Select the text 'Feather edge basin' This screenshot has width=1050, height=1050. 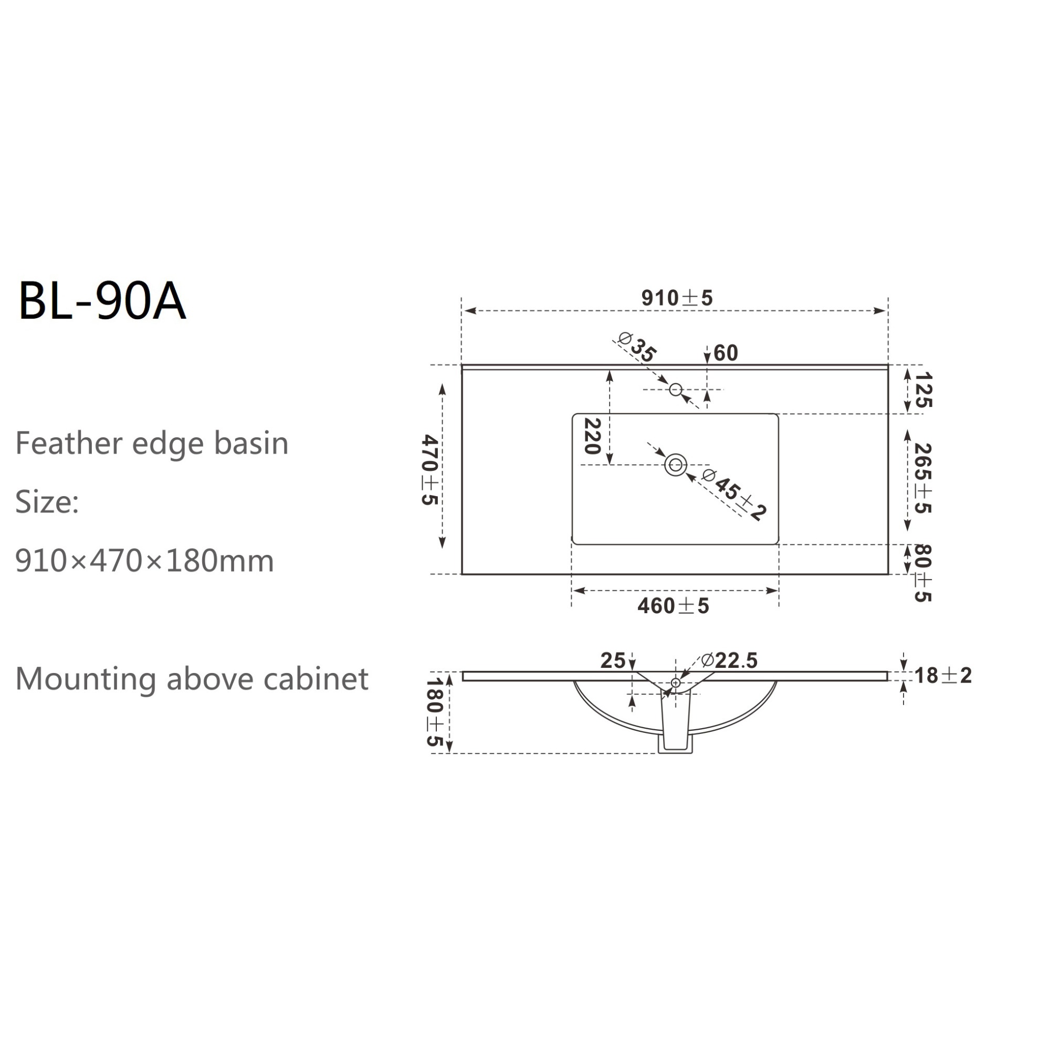click(152, 444)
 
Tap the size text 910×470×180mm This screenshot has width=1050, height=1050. click(144, 560)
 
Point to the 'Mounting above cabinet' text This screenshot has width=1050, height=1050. click(192, 679)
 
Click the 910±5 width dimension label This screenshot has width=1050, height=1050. click(677, 298)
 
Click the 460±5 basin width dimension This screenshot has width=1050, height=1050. click(674, 606)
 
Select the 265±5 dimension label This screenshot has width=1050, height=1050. click(923, 478)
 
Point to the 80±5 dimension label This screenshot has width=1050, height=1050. click(923, 573)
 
